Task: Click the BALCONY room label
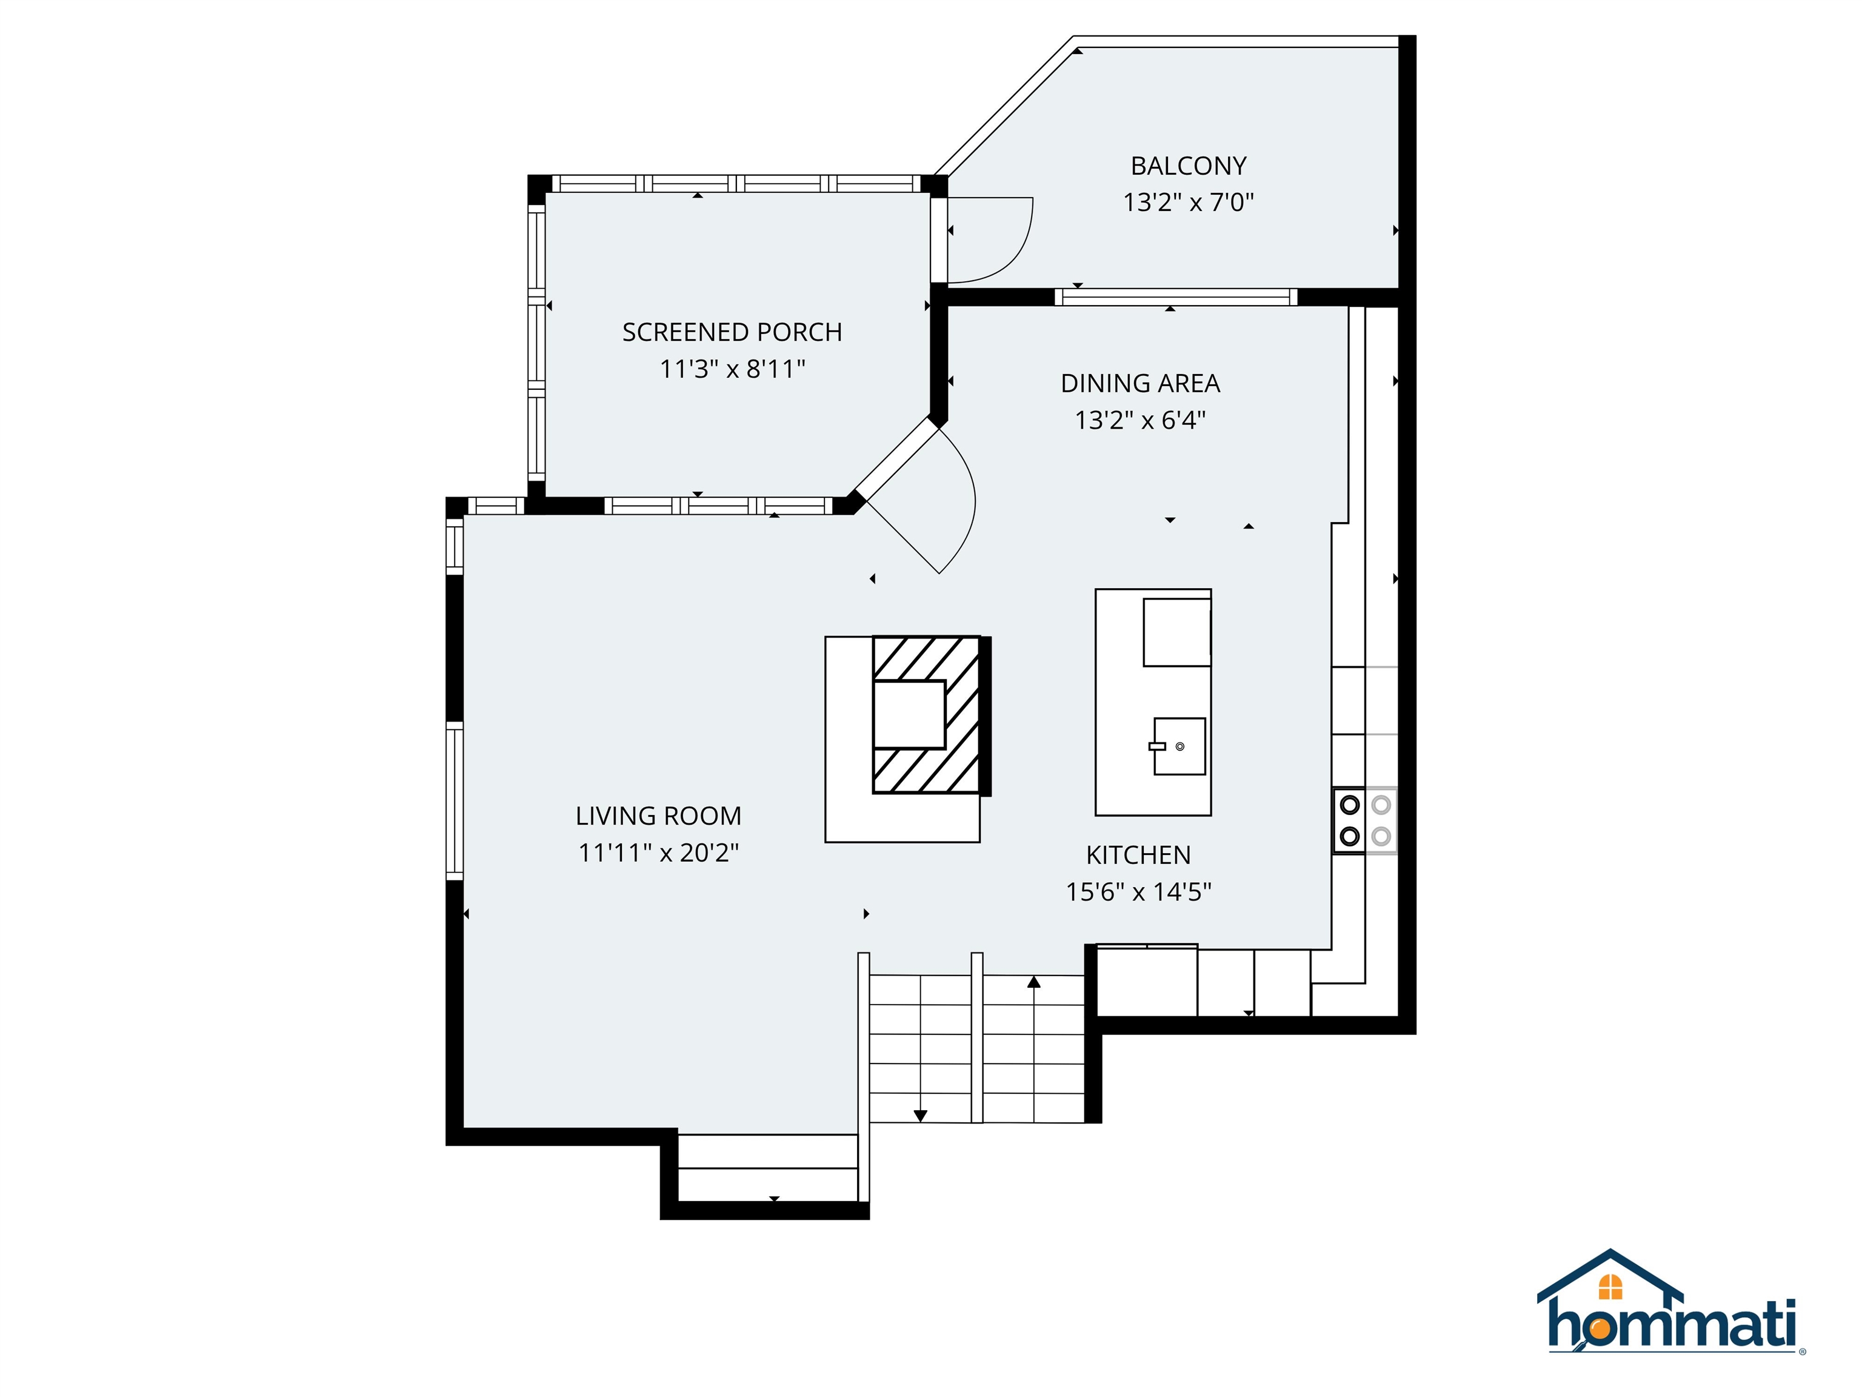(1188, 166)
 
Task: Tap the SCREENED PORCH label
(732, 333)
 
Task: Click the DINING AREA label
(1140, 384)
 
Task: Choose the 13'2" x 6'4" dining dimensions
(1140, 420)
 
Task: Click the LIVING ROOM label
(658, 816)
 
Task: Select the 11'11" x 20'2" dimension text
(658, 853)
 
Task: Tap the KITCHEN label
(1138, 856)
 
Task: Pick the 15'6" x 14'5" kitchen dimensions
(1138, 892)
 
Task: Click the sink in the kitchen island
(1178, 746)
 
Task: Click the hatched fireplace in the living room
(926, 714)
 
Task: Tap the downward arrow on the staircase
(920, 1115)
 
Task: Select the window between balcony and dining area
(1176, 296)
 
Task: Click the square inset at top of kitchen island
(1176, 632)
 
